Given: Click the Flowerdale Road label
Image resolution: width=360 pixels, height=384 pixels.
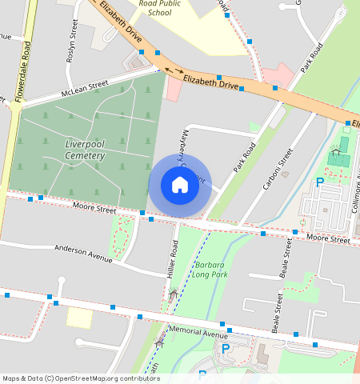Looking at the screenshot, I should pyautogui.click(x=25, y=70).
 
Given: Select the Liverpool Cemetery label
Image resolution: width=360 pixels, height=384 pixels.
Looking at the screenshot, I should pyautogui.click(x=85, y=149).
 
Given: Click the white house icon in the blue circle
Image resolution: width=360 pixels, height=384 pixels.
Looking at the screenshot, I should pyautogui.click(x=180, y=185).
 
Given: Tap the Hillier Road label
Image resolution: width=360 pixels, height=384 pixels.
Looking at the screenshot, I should pyautogui.click(x=171, y=262).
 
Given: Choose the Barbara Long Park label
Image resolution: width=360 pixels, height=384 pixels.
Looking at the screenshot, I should pyautogui.click(x=210, y=269).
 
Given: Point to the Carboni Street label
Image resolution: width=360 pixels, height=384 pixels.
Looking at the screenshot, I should pyautogui.click(x=275, y=170).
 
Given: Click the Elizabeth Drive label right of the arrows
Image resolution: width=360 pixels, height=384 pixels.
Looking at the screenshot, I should pyautogui.click(x=211, y=82).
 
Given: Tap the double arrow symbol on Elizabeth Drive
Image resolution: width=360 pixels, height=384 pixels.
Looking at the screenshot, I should pyautogui.click(x=174, y=71).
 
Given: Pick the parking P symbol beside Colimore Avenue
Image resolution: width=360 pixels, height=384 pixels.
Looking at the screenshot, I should pyautogui.click(x=319, y=182).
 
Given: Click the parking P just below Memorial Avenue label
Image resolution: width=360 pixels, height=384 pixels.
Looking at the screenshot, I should pyautogui.click(x=225, y=349).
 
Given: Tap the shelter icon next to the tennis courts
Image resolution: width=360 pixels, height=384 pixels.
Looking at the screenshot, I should pyautogui.click(x=334, y=149).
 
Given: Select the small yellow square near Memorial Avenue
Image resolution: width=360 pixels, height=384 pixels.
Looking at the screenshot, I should pyautogui.click(x=78, y=317).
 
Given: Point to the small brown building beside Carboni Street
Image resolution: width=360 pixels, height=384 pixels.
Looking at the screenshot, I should pyautogui.click(x=285, y=174).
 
